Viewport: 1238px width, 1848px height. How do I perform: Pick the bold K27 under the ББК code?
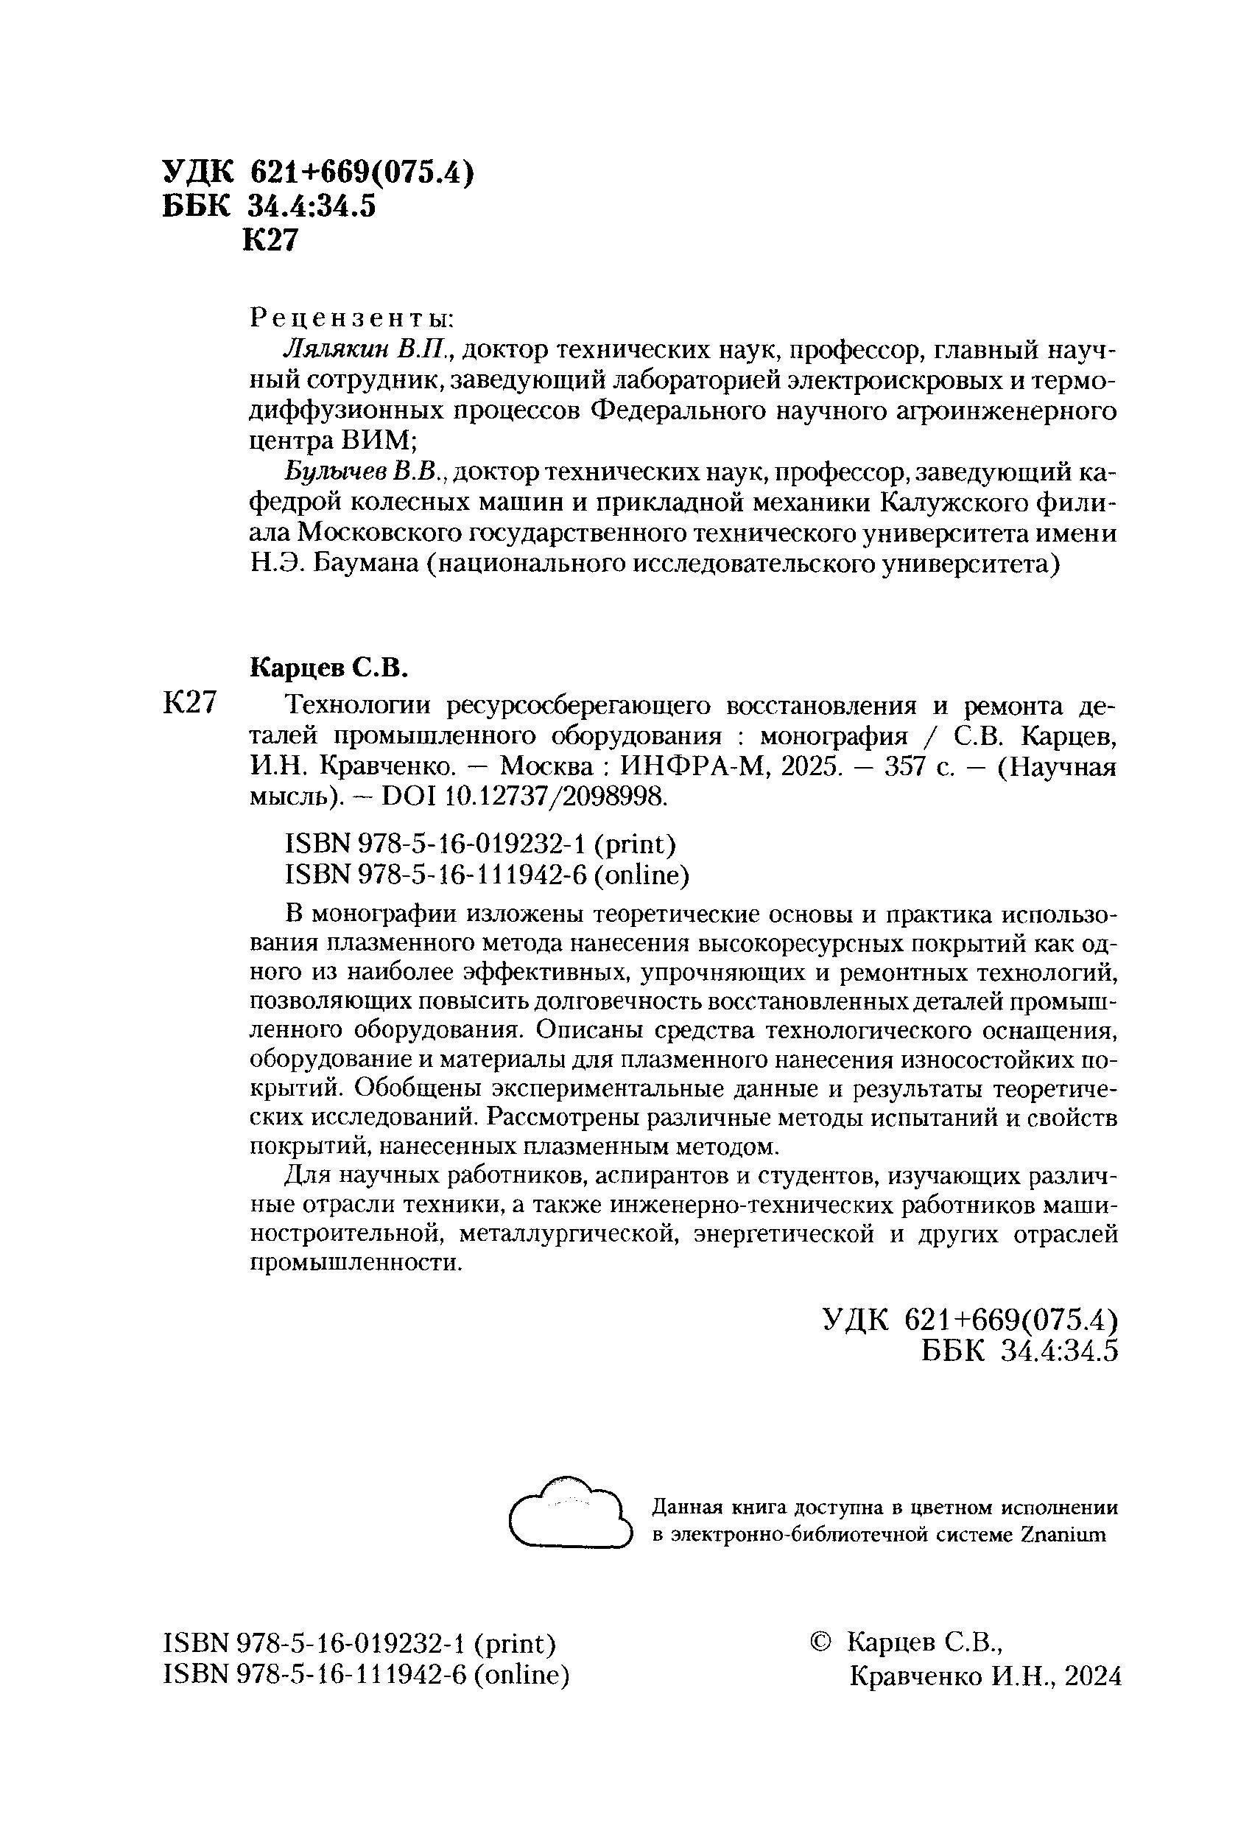271,239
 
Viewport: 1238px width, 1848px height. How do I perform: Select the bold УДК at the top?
198,172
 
